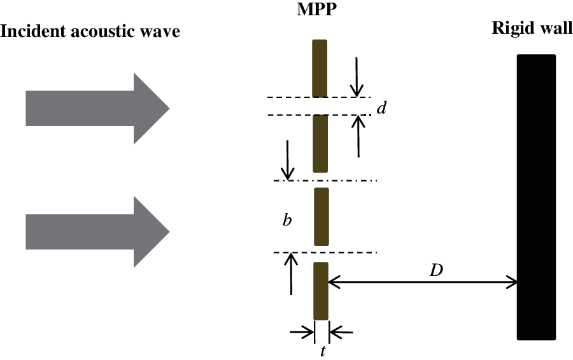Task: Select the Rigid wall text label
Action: (x=532, y=30)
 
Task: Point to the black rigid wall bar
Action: (x=536, y=197)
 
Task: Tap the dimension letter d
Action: (x=381, y=109)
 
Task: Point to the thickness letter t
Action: (x=322, y=350)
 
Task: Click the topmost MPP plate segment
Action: (x=320, y=68)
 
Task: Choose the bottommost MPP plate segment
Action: (x=320, y=291)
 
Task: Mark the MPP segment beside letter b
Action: (x=321, y=217)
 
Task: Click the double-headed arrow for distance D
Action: (x=423, y=281)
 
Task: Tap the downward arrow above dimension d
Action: (x=357, y=76)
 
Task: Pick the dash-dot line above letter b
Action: (x=325, y=181)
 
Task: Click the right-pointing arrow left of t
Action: (x=301, y=331)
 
